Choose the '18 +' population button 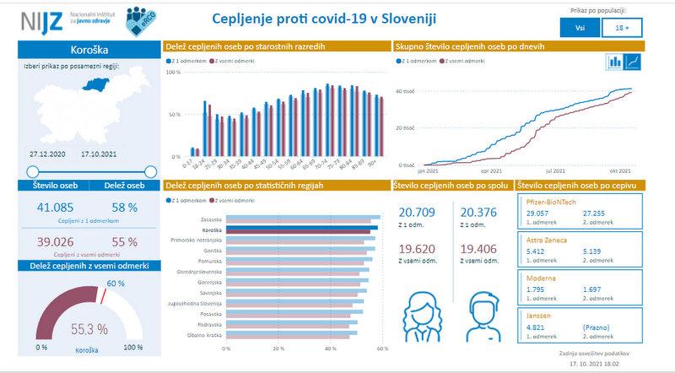621,27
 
